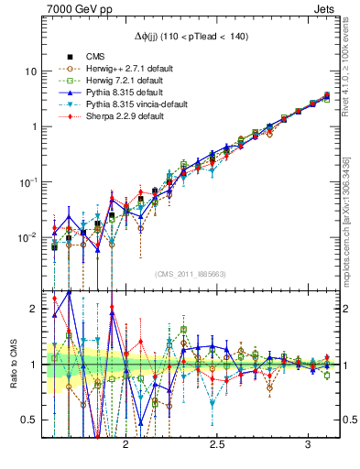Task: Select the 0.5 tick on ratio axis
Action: (29, 420)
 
